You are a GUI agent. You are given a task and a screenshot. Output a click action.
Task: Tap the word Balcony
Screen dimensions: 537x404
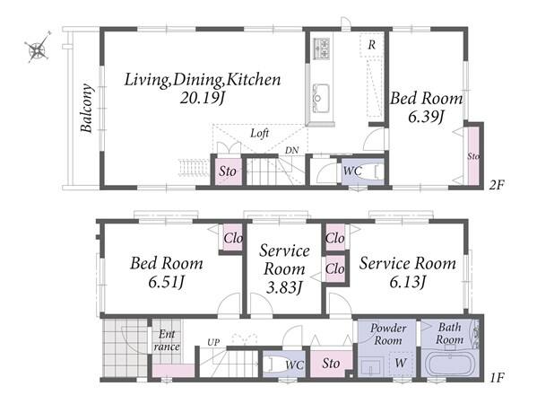(87, 108)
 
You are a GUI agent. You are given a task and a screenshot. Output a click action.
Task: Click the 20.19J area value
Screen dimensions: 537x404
(202, 99)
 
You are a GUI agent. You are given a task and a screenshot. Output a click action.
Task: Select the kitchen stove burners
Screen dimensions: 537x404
(321, 48)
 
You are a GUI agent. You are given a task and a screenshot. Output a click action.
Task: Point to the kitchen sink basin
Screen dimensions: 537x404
(321, 98)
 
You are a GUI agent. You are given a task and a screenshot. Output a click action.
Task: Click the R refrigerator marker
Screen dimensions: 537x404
(371, 45)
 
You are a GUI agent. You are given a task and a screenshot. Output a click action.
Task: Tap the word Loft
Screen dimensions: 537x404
(260, 133)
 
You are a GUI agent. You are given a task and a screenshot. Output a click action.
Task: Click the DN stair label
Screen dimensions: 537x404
(291, 150)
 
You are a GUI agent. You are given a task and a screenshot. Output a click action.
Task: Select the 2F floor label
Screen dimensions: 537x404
(497, 185)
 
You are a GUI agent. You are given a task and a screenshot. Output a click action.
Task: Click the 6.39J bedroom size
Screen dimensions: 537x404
(426, 118)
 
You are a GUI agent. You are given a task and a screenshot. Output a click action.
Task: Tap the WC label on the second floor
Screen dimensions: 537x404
(352, 171)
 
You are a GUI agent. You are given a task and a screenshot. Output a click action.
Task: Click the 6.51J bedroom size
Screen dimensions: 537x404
(167, 282)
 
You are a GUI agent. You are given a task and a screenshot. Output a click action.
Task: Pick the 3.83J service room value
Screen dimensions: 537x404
(284, 287)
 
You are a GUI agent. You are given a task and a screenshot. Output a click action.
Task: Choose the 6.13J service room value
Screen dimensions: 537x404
(408, 282)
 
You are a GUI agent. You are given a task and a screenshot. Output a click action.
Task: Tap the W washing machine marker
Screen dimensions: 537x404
(401, 363)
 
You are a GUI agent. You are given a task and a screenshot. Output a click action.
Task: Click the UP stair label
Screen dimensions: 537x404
(213, 342)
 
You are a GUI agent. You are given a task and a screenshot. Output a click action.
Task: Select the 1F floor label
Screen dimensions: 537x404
(497, 378)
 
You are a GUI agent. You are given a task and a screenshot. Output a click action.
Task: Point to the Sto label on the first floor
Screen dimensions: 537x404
(331, 364)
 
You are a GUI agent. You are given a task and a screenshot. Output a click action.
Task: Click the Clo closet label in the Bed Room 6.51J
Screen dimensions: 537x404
(233, 238)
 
